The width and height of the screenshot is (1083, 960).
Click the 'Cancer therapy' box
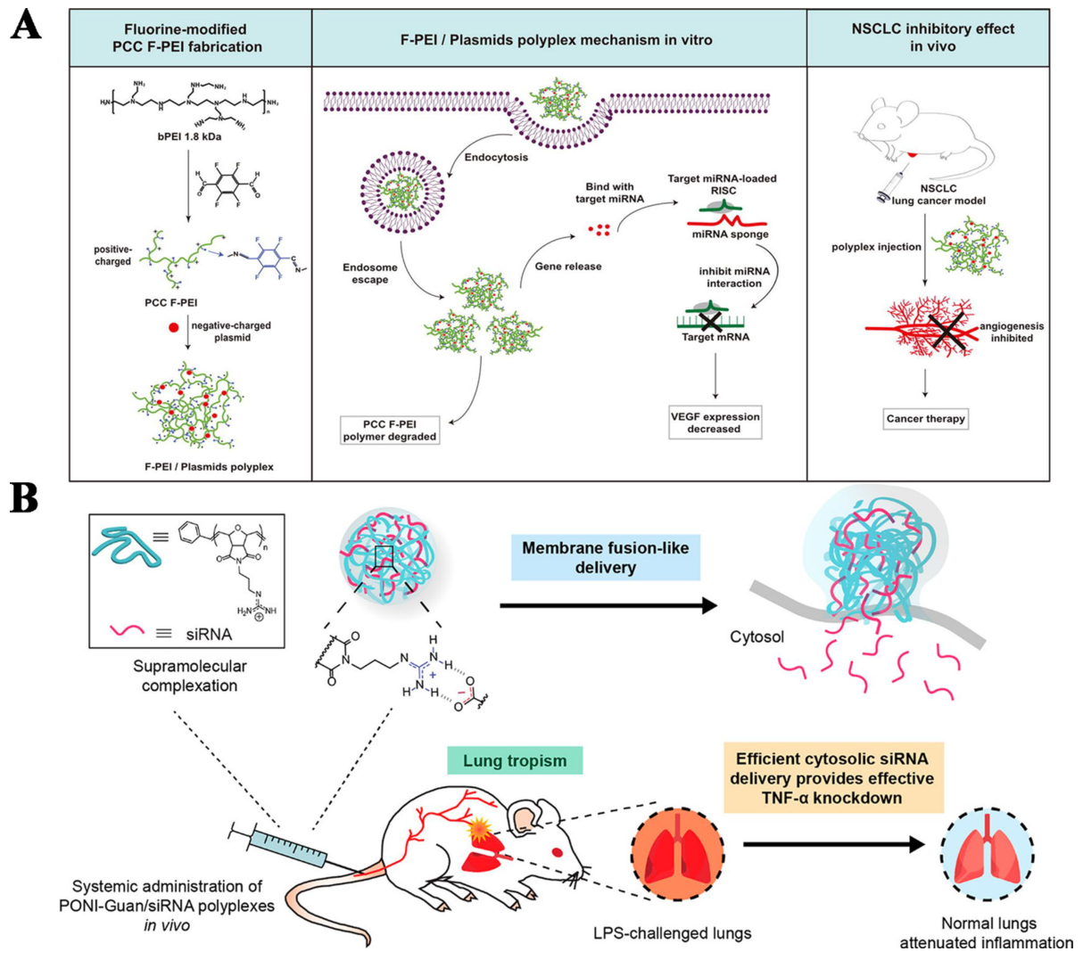[x=925, y=418]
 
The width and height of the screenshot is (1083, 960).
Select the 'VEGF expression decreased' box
[x=715, y=423]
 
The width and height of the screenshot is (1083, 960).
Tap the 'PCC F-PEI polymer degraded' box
[x=390, y=430]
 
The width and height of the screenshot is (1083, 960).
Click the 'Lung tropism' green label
[x=515, y=761]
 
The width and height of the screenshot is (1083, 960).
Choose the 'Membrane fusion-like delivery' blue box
[x=605, y=558]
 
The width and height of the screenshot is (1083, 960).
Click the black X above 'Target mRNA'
[x=711, y=320]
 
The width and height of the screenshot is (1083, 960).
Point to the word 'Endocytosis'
[x=496, y=157]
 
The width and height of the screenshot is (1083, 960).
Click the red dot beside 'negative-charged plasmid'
[x=174, y=327]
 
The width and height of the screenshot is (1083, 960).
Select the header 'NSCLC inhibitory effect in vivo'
[x=932, y=37]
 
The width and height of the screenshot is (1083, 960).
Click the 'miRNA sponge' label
[x=730, y=234]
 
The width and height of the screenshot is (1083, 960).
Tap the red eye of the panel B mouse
[x=558, y=852]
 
